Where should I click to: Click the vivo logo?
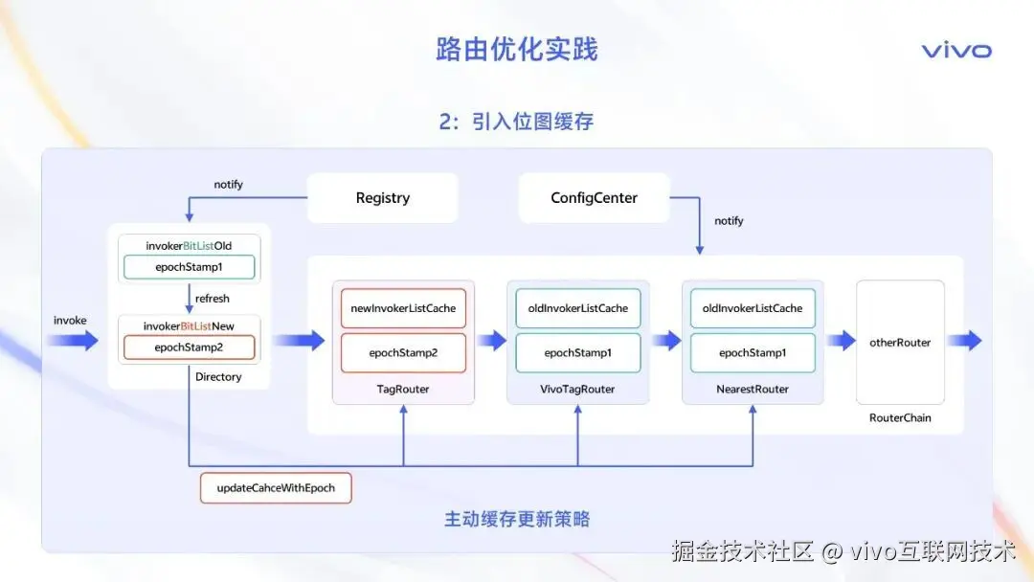click(956, 51)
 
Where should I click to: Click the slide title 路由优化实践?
click(516, 50)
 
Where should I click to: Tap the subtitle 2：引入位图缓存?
click(516, 122)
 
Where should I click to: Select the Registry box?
click(382, 198)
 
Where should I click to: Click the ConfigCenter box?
click(594, 198)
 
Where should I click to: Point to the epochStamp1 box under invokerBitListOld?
click(189, 267)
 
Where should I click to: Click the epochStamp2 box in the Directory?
click(189, 347)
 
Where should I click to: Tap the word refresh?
click(213, 299)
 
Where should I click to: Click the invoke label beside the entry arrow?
click(70, 320)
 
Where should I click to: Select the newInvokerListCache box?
click(403, 308)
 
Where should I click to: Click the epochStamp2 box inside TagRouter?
click(403, 353)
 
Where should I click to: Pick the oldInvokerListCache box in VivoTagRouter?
click(577, 308)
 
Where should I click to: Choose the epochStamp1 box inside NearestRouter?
click(753, 353)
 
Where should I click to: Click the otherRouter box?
click(900, 342)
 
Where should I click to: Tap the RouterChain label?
click(900, 417)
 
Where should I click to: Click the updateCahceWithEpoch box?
click(276, 488)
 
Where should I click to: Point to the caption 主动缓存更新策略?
click(516, 520)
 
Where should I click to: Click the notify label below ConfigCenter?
click(729, 221)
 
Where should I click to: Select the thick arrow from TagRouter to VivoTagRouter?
click(491, 341)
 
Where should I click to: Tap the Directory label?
click(218, 377)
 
